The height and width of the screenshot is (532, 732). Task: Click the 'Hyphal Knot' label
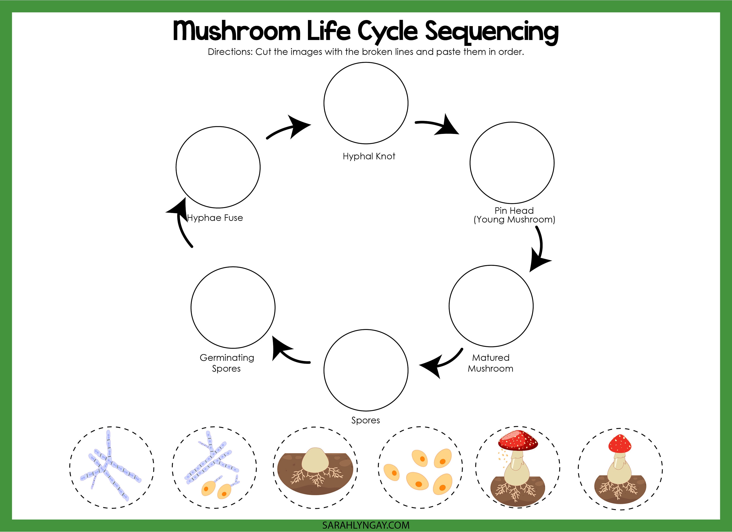pyautogui.click(x=369, y=156)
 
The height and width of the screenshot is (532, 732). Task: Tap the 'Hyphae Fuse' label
pyautogui.click(x=215, y=218)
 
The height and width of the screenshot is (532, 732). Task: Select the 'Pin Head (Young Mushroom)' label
pyautogui.click(x=514, y=215)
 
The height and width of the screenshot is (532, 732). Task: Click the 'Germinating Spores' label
pyautogui.click(x=227, y=363)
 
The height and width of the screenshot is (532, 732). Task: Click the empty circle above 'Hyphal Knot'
pyautogui.click(x=366, y=103)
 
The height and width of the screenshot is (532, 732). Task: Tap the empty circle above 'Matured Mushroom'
pyautogui.click(x=491, y=306)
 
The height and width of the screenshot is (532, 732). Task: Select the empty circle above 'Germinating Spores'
pyautogui.click(x=233, y=307)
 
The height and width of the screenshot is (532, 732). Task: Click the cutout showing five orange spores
pyautogui.click(x=420, y=468)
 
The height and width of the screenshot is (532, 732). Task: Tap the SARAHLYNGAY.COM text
pyautogui.click(x=366, y=525)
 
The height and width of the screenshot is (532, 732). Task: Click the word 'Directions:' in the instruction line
pyautogui.click(x=230, y=52)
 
